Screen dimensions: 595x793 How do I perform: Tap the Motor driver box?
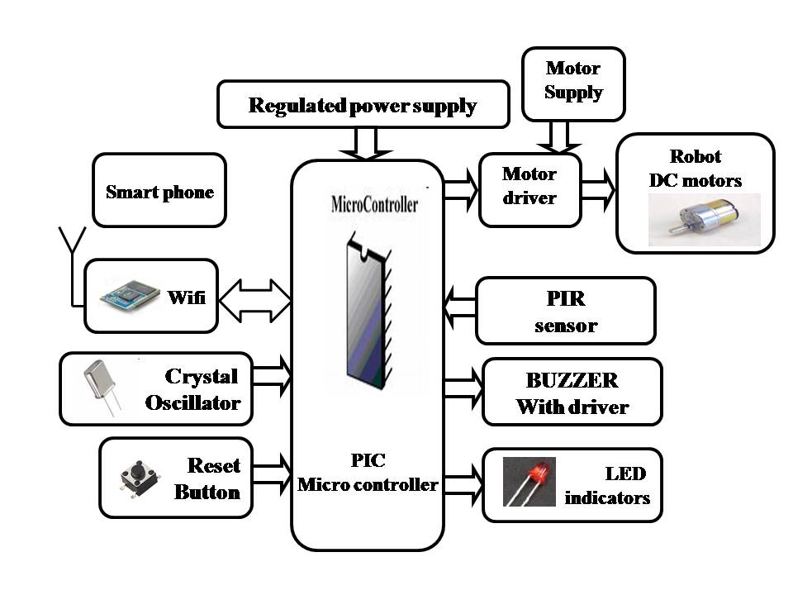(529, 188)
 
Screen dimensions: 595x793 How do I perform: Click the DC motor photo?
(704, 220)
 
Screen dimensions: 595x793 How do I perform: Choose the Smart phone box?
(159, 191)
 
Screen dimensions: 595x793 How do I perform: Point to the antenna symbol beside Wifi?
(72, 248)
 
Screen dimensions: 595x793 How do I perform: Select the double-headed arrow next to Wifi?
(254, 298)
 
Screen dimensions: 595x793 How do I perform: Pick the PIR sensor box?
(565, 311)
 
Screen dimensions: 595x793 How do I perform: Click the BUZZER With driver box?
(572, 393)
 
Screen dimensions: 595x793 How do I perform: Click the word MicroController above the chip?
(374, 205)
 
